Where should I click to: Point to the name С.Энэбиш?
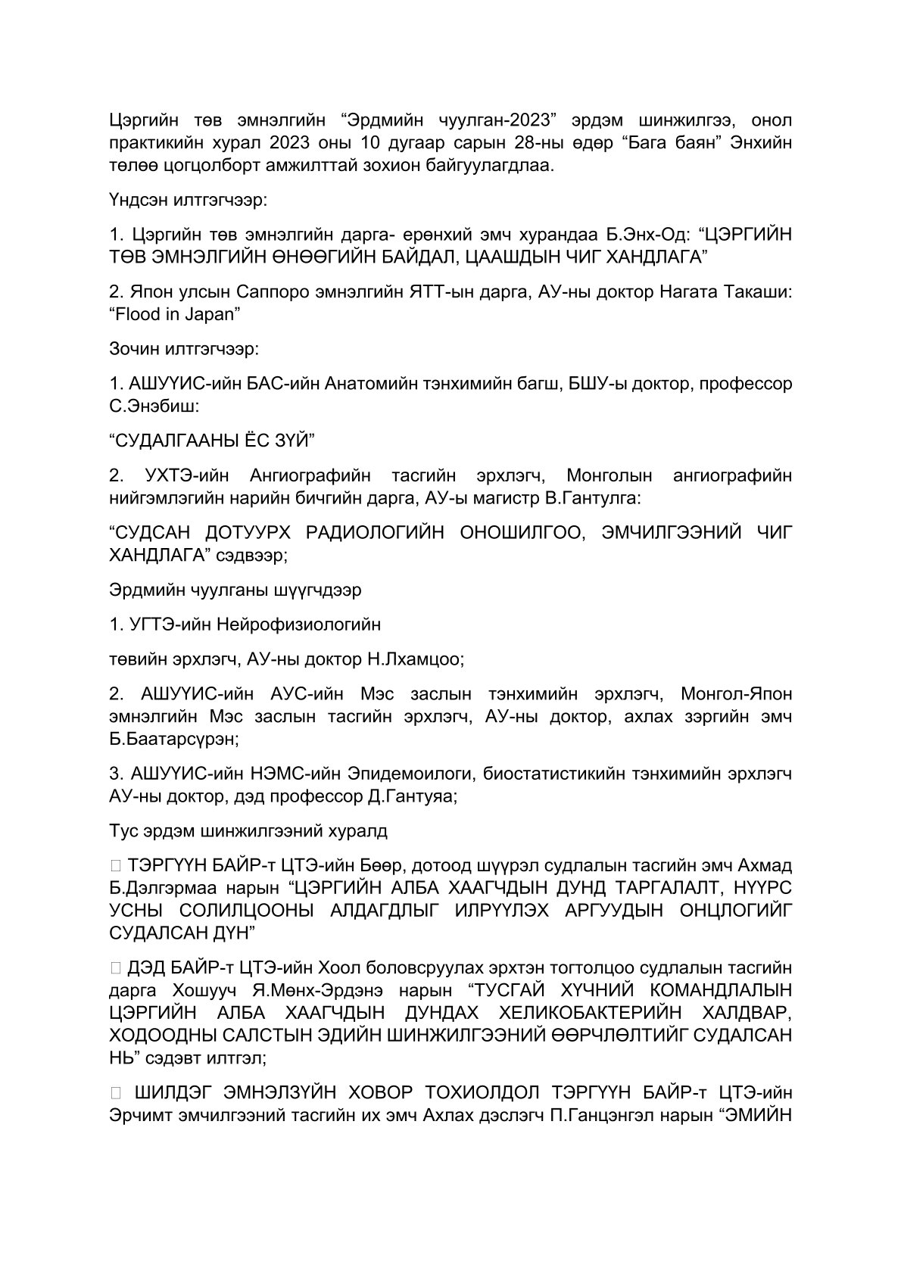click(154, 406)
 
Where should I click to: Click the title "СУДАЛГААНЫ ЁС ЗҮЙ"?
click(211, 440)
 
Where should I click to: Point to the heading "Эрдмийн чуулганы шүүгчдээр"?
click(235, 589)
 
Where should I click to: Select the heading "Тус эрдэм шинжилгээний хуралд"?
click(248, 830)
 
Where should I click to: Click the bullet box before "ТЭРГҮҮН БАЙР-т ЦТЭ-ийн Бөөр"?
click(115, 865)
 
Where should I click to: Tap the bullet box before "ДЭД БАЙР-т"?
click(115, 967)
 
